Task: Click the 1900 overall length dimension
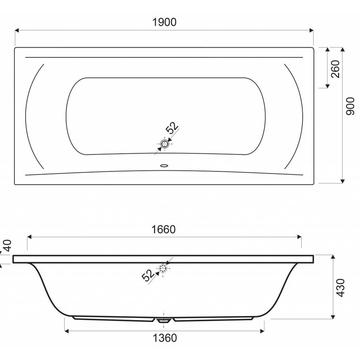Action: coord(164,22)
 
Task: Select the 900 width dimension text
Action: coord(350,106)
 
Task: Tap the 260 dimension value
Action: coord(335,68)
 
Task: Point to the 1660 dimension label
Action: coord(164,230)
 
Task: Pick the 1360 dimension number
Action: coord(164,338)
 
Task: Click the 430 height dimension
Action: coord(340,287)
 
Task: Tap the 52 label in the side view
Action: coord(148,275)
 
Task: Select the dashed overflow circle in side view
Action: coord(163,269)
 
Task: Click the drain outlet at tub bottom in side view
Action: coord(163,320)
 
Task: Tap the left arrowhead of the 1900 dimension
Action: coord(17,30)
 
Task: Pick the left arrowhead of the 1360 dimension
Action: coord(66,330)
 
